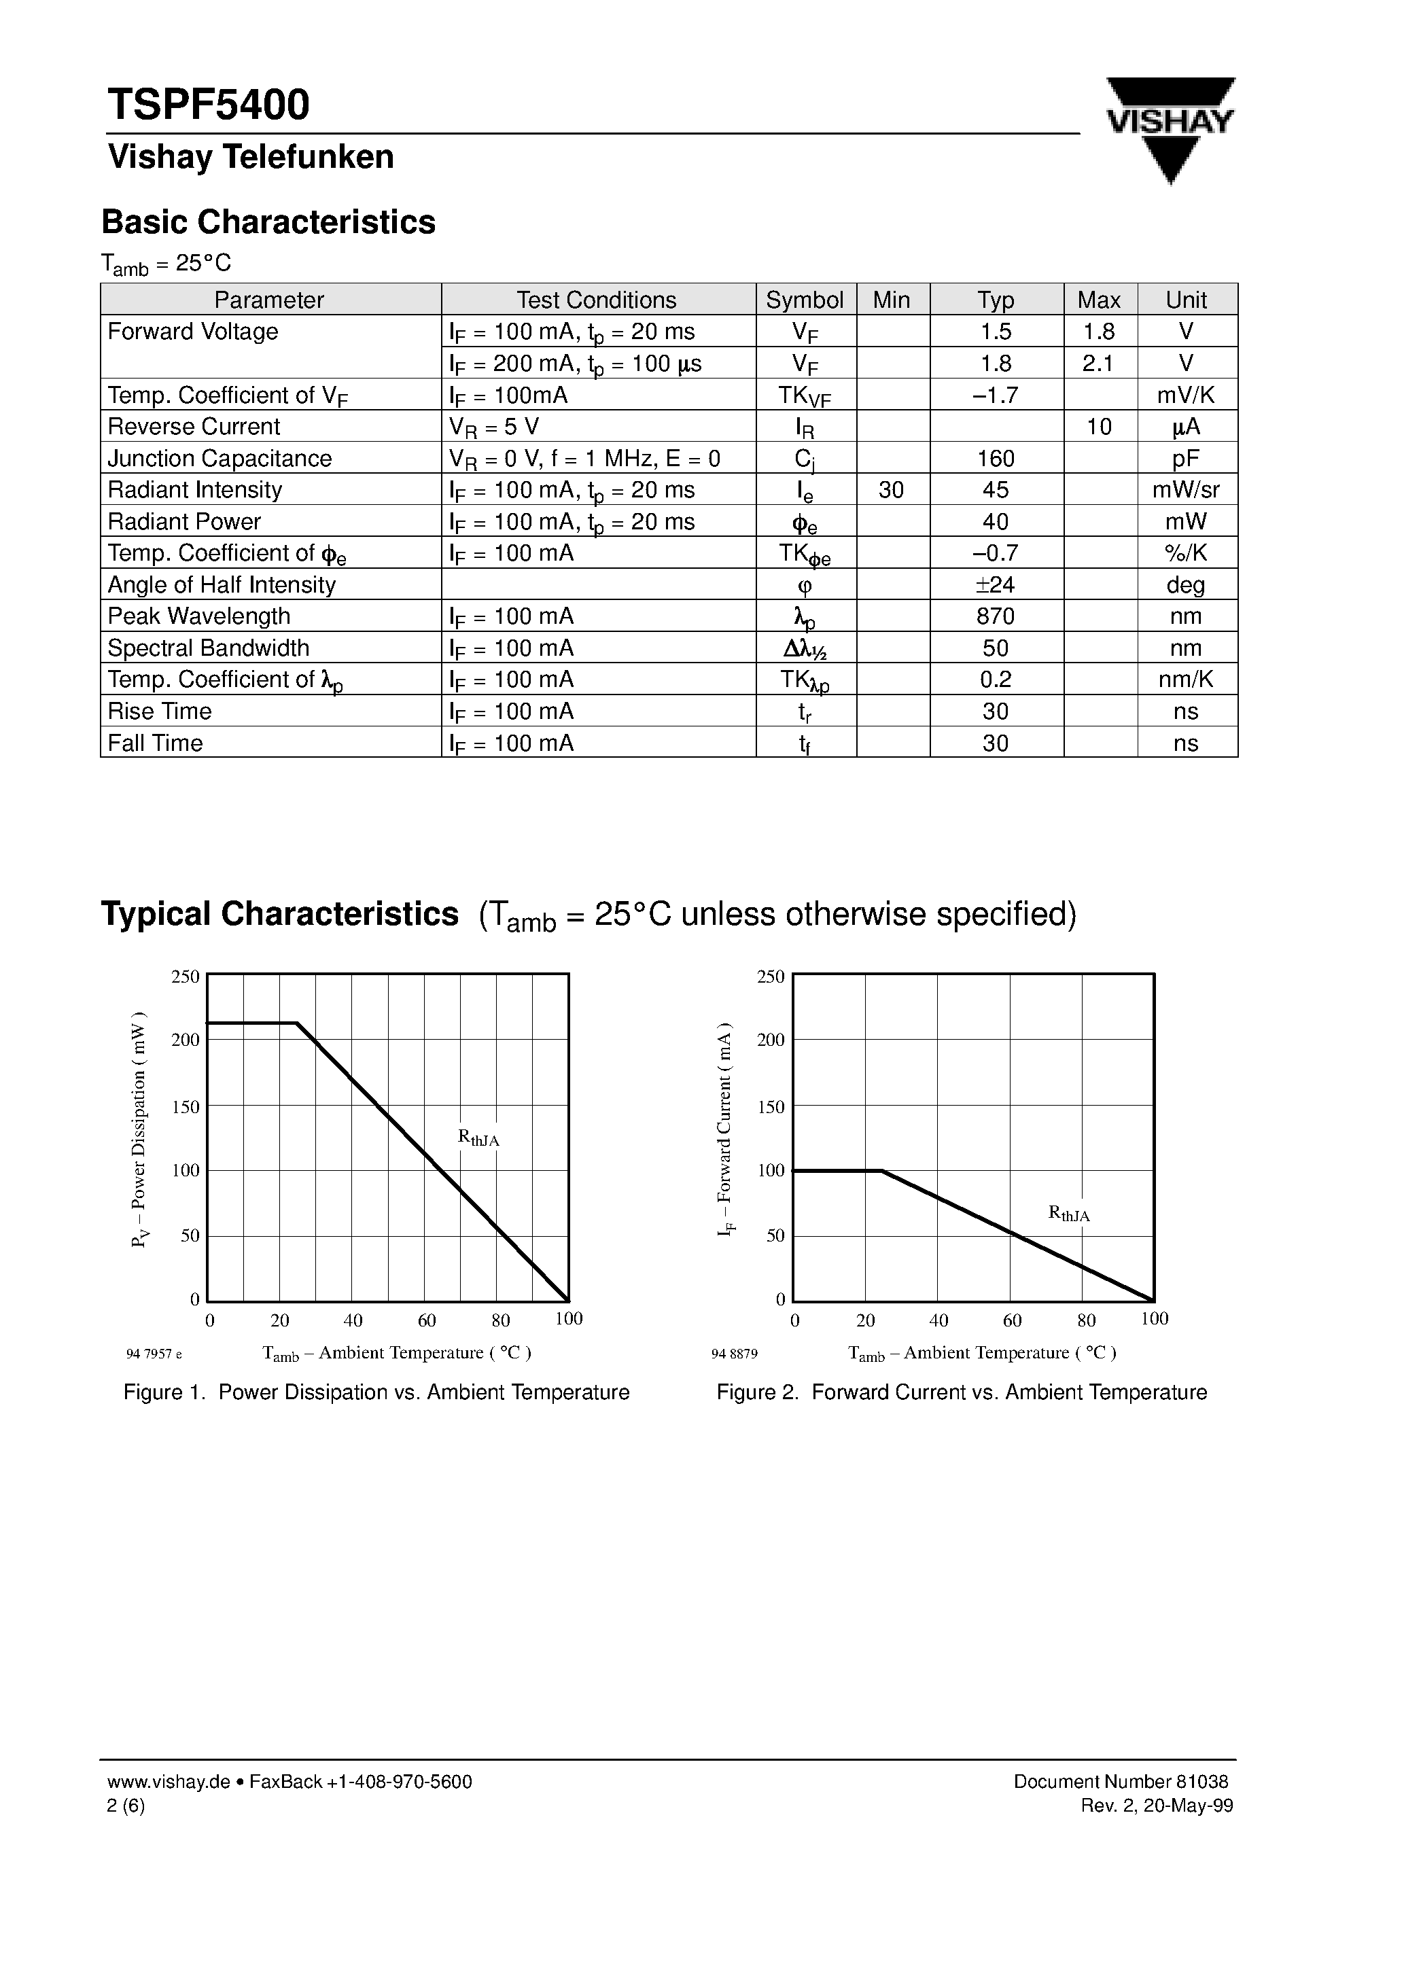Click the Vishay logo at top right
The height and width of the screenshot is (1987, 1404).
coord(1170,127)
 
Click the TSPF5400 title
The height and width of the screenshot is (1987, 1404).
coord(208,105)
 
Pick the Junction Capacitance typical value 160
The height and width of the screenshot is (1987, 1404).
coord(996,458)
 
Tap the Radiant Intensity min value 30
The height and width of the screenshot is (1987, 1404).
coord(891,490)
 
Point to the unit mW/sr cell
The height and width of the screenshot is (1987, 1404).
coord(1185,490)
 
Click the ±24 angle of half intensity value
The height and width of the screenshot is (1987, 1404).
coord(996,585)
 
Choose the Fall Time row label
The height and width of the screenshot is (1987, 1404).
coord(156,743)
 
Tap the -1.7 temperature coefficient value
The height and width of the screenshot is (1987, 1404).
coord(996,395)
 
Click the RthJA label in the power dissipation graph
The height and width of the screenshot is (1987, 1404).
coord(478,1138)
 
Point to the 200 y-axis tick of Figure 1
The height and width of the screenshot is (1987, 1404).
coord(186,1039)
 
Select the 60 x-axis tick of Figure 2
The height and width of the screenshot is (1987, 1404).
coord(1012,1320)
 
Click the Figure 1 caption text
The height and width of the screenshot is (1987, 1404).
coord(376,1392)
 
